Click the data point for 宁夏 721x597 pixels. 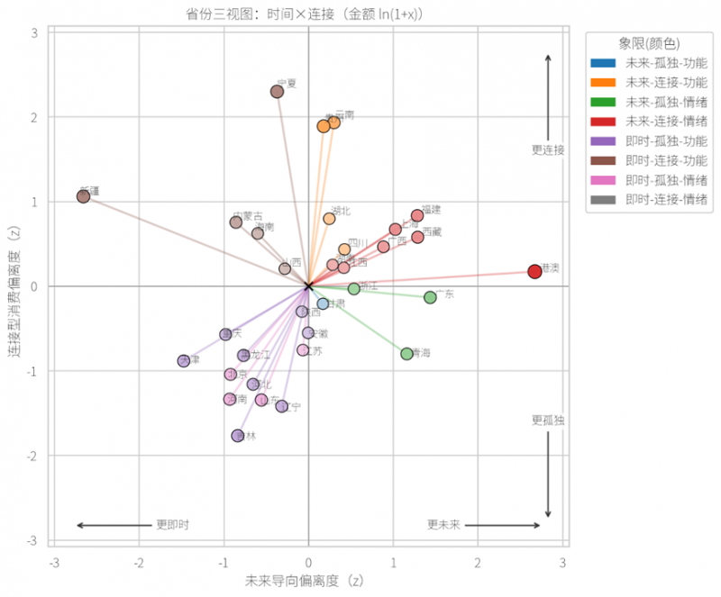point(278,92)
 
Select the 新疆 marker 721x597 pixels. point(83,196)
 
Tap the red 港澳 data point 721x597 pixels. point(534,272)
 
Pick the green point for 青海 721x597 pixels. point(407,354)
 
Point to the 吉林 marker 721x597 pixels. point(238,436)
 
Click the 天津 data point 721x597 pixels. point(184,361)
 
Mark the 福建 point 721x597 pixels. point(417,215)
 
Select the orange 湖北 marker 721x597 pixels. point(329,219)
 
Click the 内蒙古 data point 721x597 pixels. point(236,222)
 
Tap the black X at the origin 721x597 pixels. point(309,286)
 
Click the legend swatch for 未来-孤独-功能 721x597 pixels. point(602,63)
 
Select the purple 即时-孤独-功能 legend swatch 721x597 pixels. point(602,140)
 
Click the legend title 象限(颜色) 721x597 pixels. point(649,42)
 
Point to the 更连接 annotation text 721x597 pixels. point(547,150)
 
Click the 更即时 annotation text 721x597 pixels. point(172,525)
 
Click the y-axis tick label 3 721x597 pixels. point(33,32)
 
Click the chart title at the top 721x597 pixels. point(309,13)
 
